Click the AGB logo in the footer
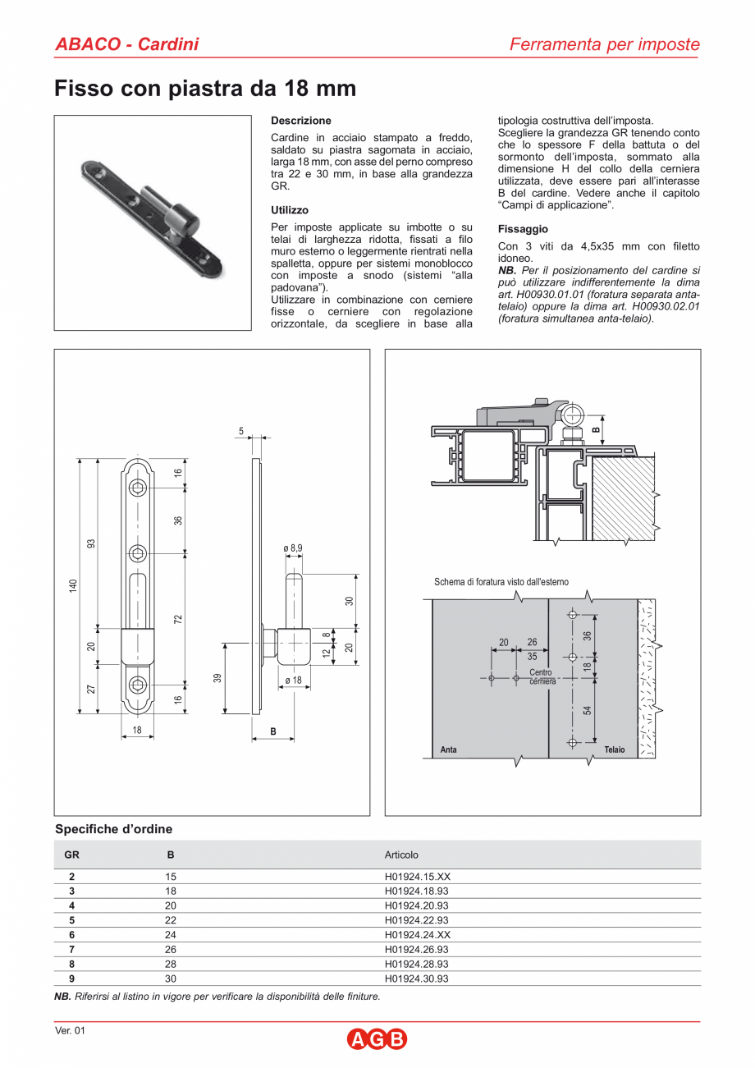click(x=377, y=1039)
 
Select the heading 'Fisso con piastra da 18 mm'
click(x=205, y=89)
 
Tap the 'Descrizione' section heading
click(x=300, y=121)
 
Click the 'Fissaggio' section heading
click(x=523, y=229)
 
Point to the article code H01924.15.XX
click(x=417, y=877)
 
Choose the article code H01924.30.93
click(x=416, y=979)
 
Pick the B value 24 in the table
click(x=171, y=935)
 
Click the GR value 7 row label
click(x=72, y=950)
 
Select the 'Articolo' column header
click(x=401, y=855)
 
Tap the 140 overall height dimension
click(x=73, y=585)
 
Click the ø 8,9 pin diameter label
click(x=293, y=548)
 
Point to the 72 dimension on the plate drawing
click(x=178, y=618)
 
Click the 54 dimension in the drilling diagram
click(x=588, y=710)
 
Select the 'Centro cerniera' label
click(x=542, y=677)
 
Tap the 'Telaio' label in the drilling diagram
click(x=614, y=749)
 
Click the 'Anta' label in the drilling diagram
click(x=448, y=749)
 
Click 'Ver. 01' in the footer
click(x=70, y=1030)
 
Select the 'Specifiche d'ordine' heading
click(x=113, y=829)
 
